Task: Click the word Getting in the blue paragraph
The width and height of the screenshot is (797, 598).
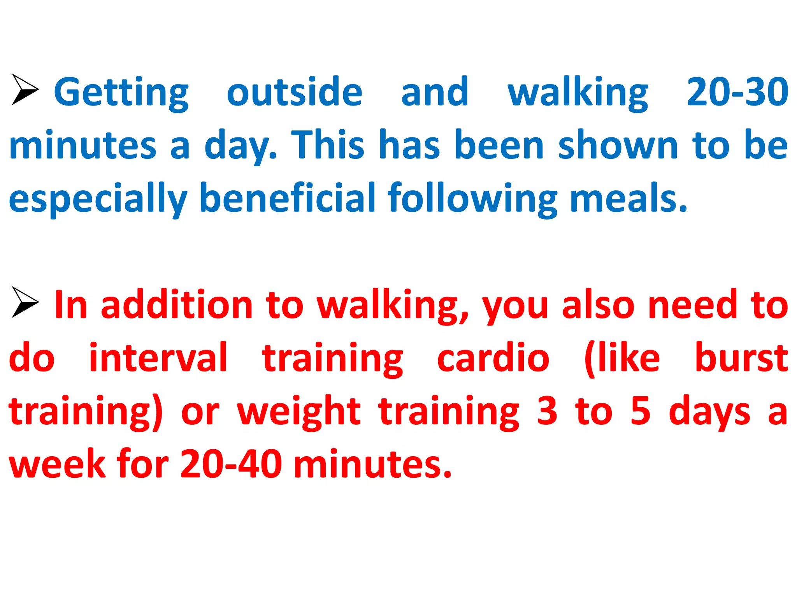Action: coord(121,93)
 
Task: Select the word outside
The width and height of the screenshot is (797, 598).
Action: coord(295,92)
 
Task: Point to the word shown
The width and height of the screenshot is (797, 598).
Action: coord(618,145)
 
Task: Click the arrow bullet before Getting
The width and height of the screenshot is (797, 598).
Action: coord(25,89)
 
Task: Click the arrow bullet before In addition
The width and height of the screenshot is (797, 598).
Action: coord(25,302)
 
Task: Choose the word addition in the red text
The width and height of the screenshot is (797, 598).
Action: coord(177,305)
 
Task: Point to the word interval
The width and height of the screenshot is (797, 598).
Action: coord(158,358)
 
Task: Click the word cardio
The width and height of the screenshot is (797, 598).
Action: coord(493,358)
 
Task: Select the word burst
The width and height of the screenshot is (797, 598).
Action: coord(741,358)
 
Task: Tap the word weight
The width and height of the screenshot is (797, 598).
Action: coord(299,412)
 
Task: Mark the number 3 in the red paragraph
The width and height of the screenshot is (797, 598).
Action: coord(547,411)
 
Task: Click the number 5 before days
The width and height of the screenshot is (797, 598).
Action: coord(641,411)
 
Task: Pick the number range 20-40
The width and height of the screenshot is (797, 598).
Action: coord(231,464)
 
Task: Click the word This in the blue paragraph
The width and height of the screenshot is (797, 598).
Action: coord(328,145)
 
